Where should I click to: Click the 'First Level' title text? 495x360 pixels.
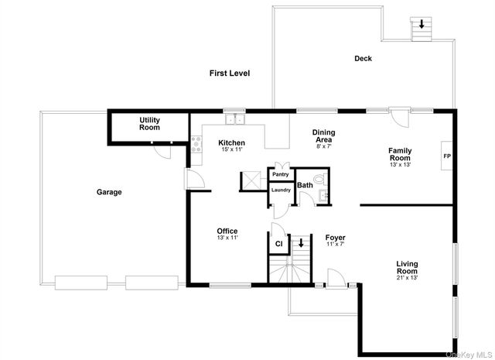(x=230, y=73)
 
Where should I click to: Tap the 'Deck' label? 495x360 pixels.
(x=363, y=59)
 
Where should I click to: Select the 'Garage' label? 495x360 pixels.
(x=109, y=191)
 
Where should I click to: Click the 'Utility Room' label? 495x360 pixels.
(x=149, y=123)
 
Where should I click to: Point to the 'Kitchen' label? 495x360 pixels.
(x=231, y=142)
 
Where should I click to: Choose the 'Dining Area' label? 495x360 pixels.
(x=323, y=135)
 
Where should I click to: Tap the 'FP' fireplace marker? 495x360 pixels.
(x=446, y=156)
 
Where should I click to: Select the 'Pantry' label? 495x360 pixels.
(x=279, y=175)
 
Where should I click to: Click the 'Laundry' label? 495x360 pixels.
(x=280, y=190)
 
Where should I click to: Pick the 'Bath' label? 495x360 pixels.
(x=305, y=185)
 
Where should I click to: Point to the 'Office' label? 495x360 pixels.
(x=227, y=231)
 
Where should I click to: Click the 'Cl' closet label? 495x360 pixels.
(x=278, y=244)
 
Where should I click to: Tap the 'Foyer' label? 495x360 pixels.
(x=335, y=237)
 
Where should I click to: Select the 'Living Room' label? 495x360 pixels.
(x=407, y=267)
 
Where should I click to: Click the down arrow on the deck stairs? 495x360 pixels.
(x=422, y=25)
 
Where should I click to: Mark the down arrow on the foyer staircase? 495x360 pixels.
(x=302, y=242)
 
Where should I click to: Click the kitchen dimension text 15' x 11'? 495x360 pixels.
(x=231, y=150)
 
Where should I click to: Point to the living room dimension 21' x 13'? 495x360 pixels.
(x=407, y=277)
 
